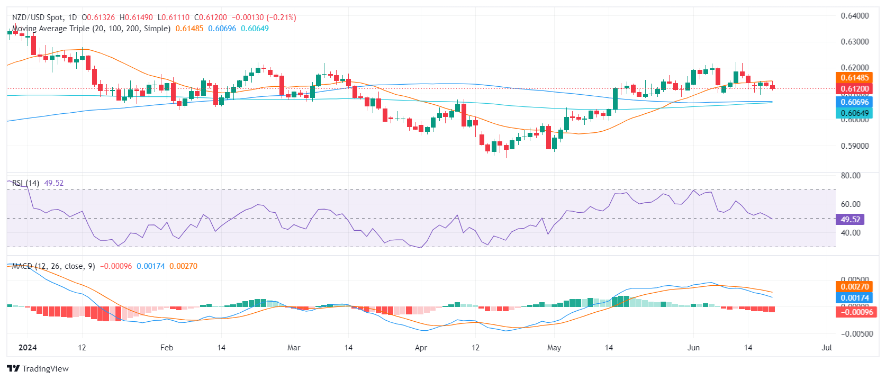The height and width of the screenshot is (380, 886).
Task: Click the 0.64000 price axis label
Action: click(x=855, y=16)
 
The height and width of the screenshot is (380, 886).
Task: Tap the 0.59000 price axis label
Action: click(x=855, y=146)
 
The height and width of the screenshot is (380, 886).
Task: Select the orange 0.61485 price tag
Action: click(x=855, y=78)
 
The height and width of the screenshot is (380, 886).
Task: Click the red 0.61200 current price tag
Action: click(x=855, y=89)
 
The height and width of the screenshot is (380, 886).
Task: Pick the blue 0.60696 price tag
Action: click(x=855, y=102)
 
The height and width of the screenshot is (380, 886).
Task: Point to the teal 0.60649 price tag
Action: click(x=855, y=113)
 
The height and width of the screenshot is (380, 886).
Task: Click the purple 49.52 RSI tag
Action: click(x=850, y=219)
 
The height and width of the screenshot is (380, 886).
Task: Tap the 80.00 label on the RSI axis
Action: click(x=851, y=176)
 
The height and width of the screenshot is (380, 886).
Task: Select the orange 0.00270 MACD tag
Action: click(x=855, y=287)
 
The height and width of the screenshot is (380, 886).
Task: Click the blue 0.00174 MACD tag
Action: click(x=855, y=298)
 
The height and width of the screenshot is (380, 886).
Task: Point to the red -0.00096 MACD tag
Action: click(x=855, y=312)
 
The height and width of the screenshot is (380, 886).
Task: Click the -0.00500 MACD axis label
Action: click(x=855, y=334)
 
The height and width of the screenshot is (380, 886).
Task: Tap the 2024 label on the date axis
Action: click(x=28, y=348)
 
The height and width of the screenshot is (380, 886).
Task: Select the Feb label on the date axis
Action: click(x=167, y=348)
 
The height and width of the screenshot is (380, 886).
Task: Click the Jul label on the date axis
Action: click(x=827, y=348)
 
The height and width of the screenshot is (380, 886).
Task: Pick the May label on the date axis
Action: click(x=554, y=348)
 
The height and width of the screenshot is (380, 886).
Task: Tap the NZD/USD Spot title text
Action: click(x=37, y=17)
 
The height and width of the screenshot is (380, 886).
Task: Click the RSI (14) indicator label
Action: click(x=25, y=183)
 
